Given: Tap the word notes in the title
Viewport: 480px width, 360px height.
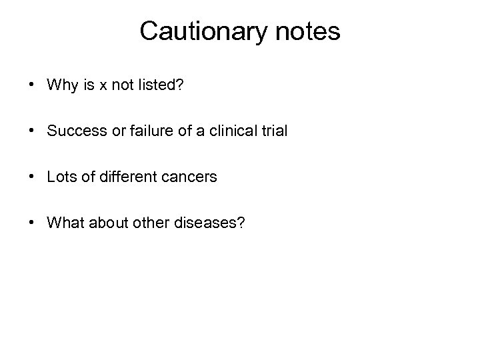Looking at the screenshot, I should pos(307,31).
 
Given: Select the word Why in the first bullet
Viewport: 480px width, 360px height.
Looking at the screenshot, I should pos(62,85).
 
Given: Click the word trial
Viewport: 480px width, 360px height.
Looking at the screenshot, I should pos(274,131).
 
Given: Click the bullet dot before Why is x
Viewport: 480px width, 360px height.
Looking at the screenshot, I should pos(32,86).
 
